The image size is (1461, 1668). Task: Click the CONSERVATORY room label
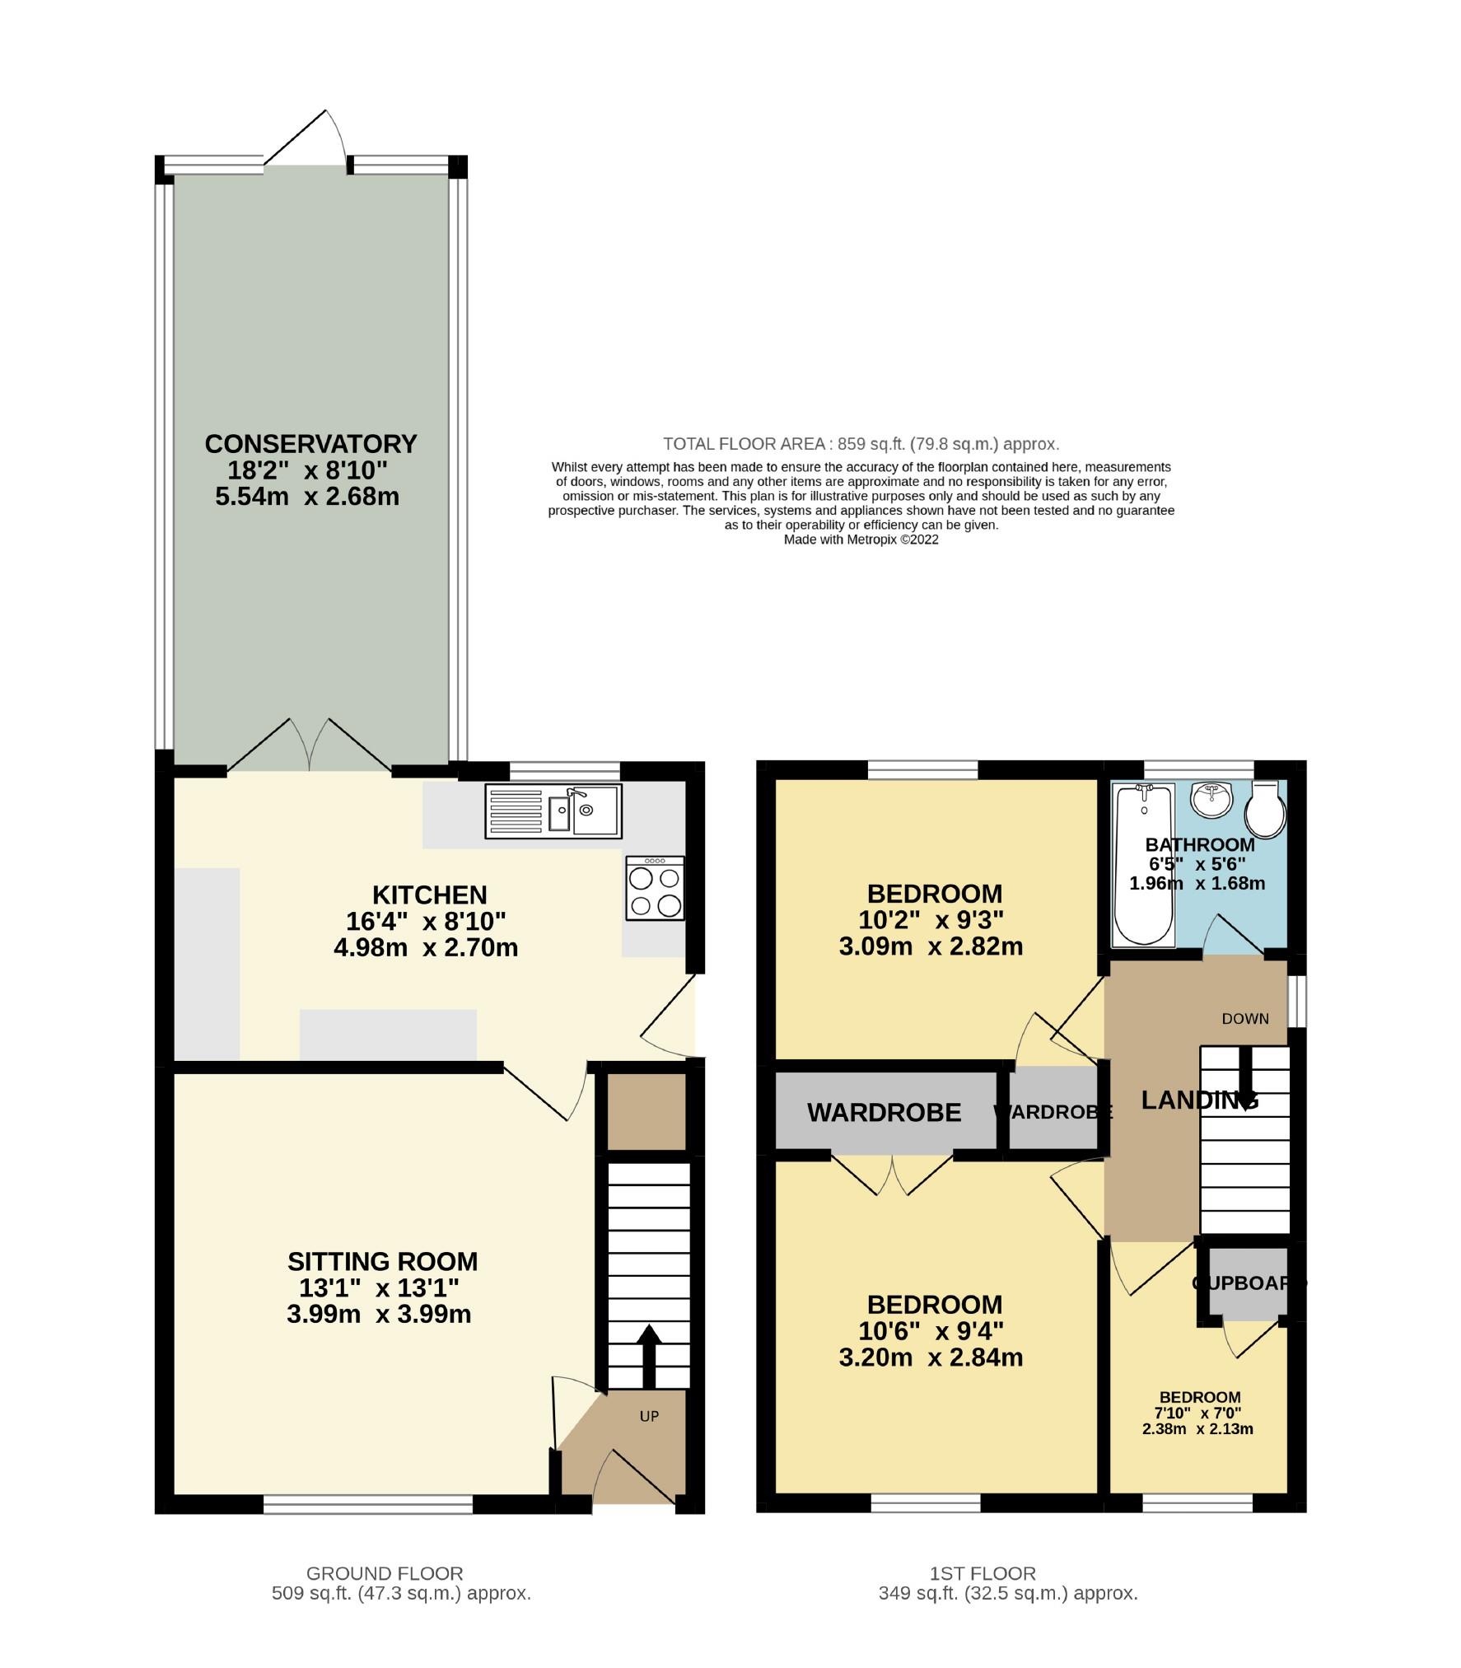(x=310, y=444)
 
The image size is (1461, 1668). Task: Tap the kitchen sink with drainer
(x=553, y=811)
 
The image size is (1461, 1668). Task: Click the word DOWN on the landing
(x=1244, y=1019)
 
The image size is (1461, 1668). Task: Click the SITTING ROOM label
(x=382, y=1261)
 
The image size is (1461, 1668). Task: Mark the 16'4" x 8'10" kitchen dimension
(x=426, y=921)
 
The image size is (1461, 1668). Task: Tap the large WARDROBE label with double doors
(x=884, y=1113)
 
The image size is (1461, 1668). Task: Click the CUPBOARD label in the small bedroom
(x=1248, y=1283)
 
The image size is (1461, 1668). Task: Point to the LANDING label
(x=1199, y=1100)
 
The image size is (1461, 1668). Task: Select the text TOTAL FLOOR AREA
(x=744, y=444)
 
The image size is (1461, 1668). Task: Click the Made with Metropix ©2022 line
(x=861, y=540)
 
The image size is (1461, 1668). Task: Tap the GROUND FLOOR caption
(x=385, y=1573)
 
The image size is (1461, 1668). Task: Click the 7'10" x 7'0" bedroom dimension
(x=1199, y=1413)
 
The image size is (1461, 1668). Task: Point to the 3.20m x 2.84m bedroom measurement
(x=931, y=1357)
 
